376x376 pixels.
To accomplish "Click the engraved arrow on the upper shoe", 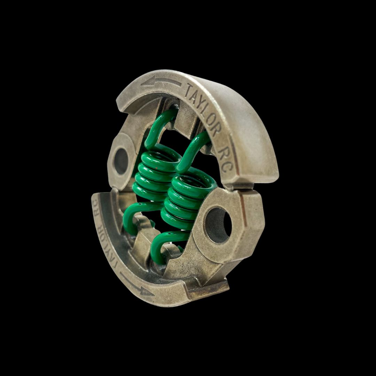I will (161, 82).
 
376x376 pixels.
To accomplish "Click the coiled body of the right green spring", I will (185, 202).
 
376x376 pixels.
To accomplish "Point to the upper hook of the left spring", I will (158, 125).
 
